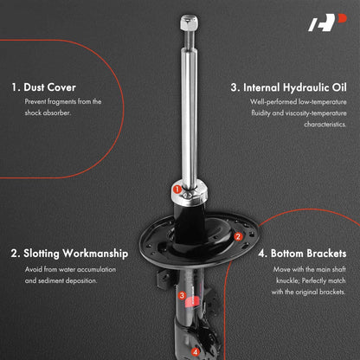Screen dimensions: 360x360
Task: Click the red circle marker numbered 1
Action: click(x=177, y=190)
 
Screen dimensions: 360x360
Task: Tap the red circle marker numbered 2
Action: click(x=238, y=237)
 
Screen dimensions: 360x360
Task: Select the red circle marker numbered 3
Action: click(x=182, y=295)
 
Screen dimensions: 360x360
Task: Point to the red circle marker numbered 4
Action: click(x=196, y=352)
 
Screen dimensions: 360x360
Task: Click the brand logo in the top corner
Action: click(x=327, y=22)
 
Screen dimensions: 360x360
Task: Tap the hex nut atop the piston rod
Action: click(x=190, y=22)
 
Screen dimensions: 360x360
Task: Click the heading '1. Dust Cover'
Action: click(x=43, y=87)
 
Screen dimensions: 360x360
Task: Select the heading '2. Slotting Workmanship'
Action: click(x=69, y=254)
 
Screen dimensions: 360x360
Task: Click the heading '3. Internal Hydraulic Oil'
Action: click(x=288, y=87)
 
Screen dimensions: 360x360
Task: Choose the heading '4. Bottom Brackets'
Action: click(x=302, y=254)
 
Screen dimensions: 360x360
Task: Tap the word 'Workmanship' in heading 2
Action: click(x=95, y=254)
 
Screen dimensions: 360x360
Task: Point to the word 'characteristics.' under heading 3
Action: click(x=325, y=125)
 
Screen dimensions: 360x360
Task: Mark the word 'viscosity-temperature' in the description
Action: click(x=316, y=113)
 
